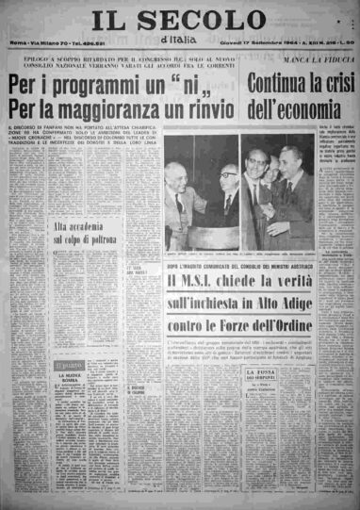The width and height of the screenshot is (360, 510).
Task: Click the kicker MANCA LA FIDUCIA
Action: click(321, 65)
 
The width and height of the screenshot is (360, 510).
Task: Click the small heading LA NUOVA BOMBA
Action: click(70, 379)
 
